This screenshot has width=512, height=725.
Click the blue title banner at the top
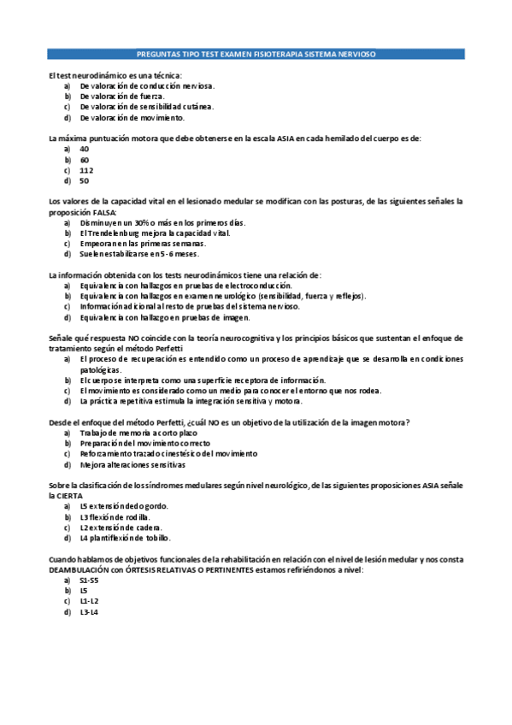[x=256, y=54]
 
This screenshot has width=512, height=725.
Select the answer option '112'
[x=86, y=170]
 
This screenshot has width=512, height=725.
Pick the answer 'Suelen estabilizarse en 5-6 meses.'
[x=139, y=254]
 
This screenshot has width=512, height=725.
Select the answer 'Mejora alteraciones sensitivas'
[x=132, y=465]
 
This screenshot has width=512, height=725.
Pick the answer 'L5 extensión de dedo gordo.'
[x=124, y=506]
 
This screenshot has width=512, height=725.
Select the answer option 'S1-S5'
[x=89, y=580]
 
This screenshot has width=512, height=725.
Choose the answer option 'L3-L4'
[x=89, y=612]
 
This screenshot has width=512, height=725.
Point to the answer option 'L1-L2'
[x=89, y=601]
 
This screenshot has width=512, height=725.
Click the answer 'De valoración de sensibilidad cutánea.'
[x=147, y=107]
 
